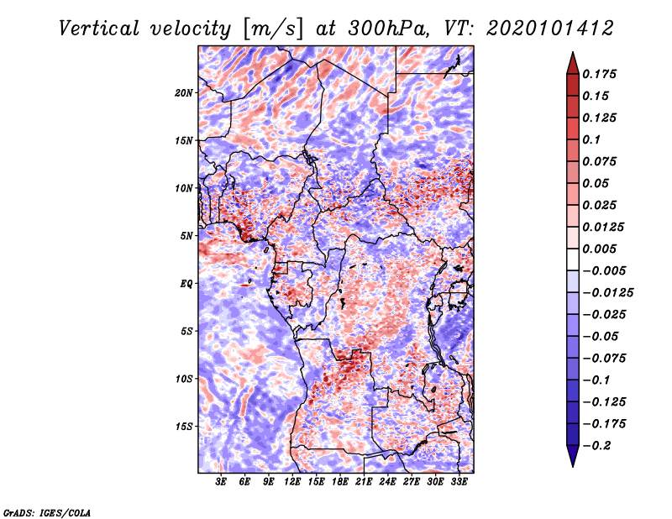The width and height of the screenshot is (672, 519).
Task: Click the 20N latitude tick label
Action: (184, 92)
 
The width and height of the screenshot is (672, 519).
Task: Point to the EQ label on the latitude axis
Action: (186, 284)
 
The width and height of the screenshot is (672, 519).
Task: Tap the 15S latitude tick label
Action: (184, 427)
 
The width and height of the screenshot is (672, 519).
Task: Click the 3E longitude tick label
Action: (221, 483)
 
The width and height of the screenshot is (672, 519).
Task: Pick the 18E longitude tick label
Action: (339, 483)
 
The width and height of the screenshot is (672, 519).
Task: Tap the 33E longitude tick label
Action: (459, 483)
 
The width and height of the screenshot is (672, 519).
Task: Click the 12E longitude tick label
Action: (292, 483)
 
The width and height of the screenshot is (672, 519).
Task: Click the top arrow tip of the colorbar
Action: (572, 54)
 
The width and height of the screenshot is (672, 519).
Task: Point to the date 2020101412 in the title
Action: (537, 28)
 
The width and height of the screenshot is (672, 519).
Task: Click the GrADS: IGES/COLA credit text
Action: (47, 511)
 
